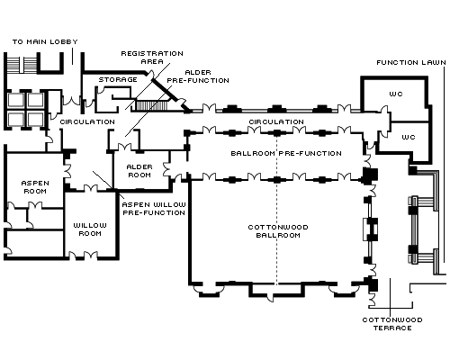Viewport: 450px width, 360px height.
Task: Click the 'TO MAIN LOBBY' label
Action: [45, 41]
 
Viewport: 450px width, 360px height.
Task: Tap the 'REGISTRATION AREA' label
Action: [152, 58]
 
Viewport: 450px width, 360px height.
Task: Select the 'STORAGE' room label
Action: [118, 80]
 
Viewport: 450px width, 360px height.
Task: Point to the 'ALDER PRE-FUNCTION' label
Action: [198, 76]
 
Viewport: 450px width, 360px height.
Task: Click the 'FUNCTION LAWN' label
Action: [411, 63]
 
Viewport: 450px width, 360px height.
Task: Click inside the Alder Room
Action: [139, 171]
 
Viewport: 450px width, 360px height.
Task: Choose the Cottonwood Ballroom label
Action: [278, 231]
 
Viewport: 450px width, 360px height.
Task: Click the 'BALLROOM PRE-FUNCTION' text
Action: [286, 153]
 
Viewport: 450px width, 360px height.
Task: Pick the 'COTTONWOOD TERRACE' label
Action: [392, 324]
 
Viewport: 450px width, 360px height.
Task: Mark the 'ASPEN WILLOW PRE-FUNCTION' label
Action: [154, 209]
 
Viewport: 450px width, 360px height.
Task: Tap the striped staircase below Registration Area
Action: [151, 105]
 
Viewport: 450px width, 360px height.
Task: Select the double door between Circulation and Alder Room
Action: [124, 147]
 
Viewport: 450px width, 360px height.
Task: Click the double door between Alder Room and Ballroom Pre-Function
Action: [166, 169]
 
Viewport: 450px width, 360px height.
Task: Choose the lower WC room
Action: [409, 141]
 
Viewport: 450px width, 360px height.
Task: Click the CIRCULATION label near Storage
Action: [87, 122]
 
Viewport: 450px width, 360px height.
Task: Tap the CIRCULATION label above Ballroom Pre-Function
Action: [276, 122]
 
